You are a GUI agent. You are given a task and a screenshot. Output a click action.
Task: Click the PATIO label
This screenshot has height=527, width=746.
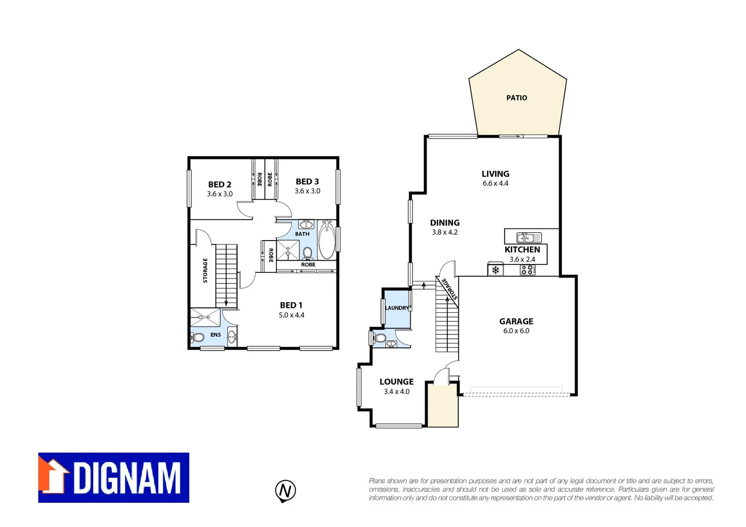[x=517, y=98]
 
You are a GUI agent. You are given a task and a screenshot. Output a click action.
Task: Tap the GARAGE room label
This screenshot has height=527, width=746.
[x=516, y=321]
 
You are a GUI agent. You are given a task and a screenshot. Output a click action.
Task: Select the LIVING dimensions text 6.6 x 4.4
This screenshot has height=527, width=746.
[x=496, y=183]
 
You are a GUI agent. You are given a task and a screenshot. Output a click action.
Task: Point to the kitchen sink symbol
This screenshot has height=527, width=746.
[x=529, y=238]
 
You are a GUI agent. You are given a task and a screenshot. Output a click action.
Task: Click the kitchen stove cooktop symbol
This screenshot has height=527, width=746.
[x=527, y=270]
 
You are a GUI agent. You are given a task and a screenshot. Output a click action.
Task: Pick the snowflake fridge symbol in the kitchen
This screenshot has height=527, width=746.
[x=496, y=270]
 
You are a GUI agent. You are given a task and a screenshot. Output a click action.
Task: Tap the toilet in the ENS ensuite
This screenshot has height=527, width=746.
[x=199, y=337]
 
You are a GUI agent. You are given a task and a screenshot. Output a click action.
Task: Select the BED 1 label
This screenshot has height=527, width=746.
[x=291, y=305]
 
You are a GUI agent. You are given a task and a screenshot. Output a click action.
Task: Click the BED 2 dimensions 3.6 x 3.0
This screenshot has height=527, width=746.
[x=220, y=194]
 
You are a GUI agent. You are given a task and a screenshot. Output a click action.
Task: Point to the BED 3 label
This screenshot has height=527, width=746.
[x=307, y=182]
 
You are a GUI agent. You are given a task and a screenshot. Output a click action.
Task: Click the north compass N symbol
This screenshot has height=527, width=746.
[x=286, y=490]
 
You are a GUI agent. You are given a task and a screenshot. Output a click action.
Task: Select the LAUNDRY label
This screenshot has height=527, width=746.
[x=396, y=308]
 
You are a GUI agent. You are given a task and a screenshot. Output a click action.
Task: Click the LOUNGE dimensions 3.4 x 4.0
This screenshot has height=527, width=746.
[x=396, y=391]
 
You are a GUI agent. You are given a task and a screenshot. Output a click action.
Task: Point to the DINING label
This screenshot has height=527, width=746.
[x=445, y=223]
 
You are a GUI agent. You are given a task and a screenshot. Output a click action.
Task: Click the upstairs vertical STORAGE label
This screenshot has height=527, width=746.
[x=205, y=270]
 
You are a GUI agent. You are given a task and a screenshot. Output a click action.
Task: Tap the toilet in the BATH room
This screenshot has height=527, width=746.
[x=308, y=253]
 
